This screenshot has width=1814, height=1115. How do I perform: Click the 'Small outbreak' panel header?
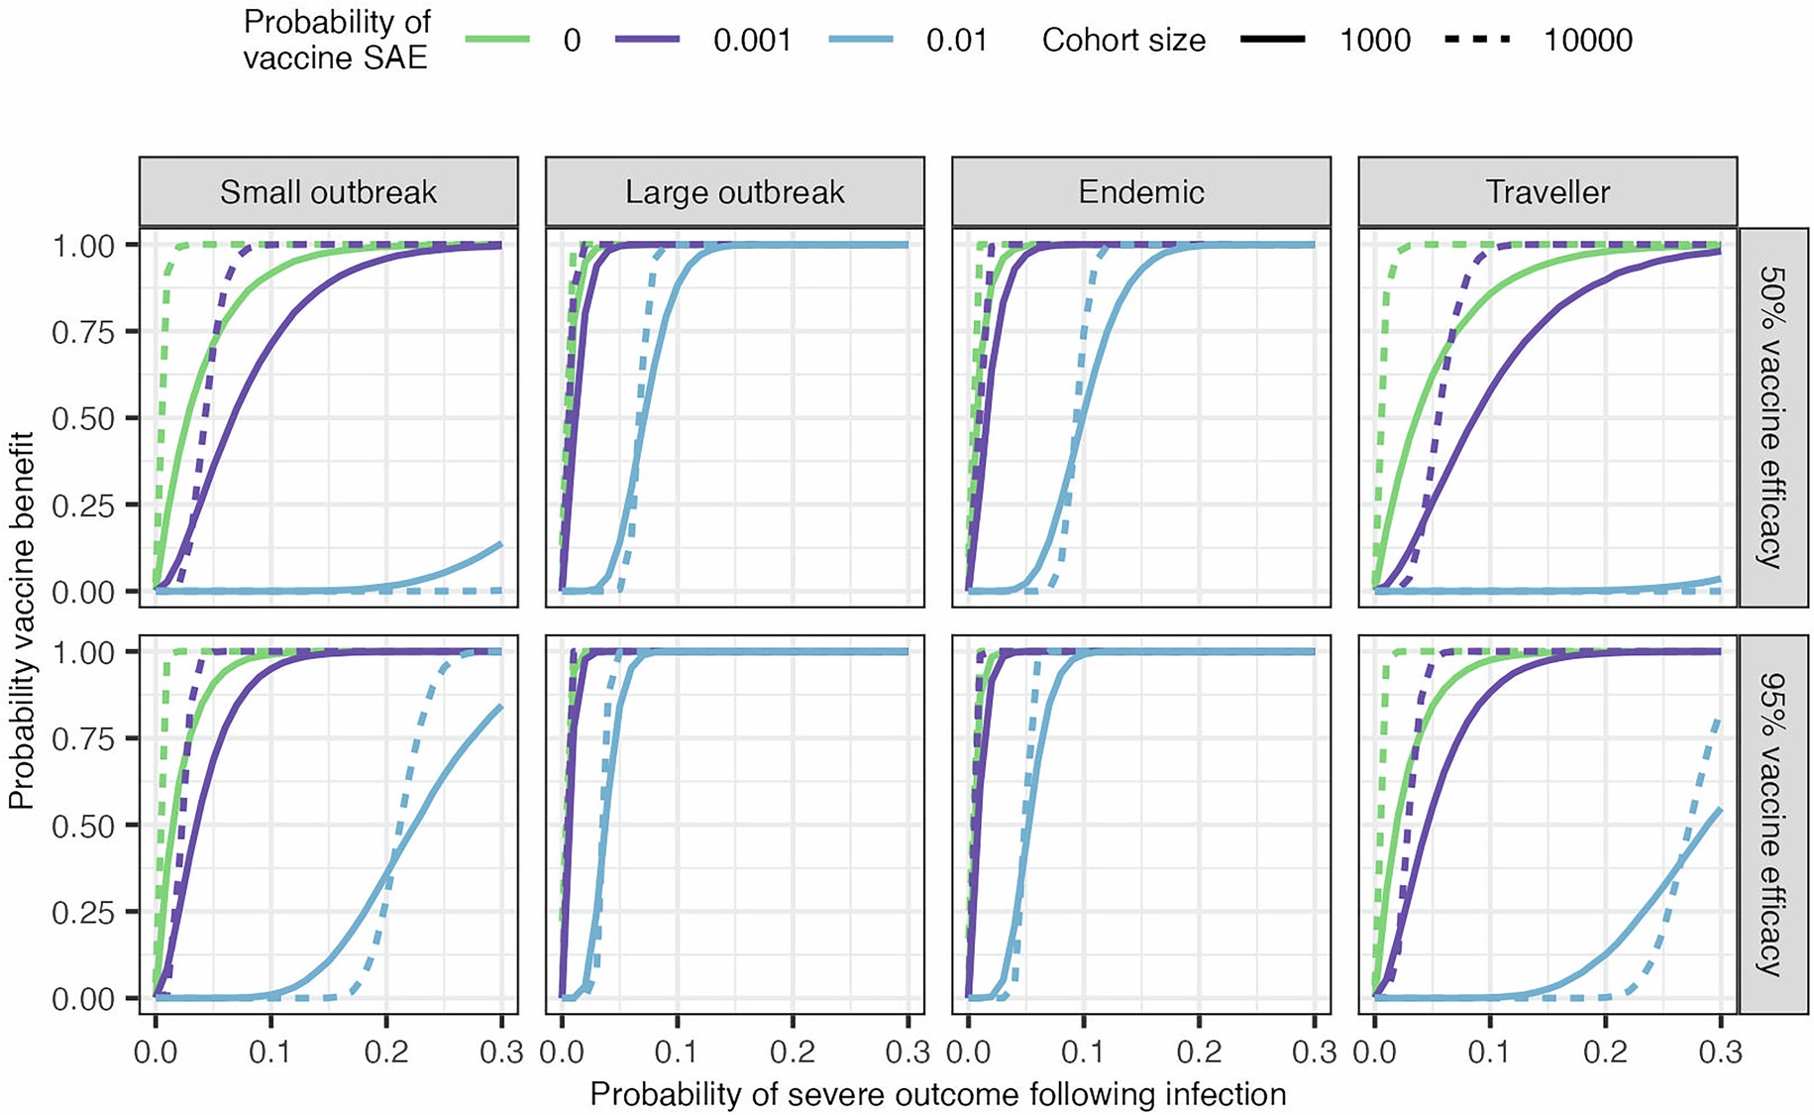click(x=328, y=191)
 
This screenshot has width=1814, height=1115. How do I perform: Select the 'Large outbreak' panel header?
click(x=734, y=191)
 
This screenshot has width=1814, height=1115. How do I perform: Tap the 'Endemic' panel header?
click(x=1140, y=191)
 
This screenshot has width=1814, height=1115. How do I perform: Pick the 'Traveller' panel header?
click(x=1547, y=191)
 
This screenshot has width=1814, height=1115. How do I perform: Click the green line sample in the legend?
click(x=497, y=40)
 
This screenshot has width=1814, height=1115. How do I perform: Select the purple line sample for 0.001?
click(x=648, y=40)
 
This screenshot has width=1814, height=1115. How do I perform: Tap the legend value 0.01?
click(x=956, y=41)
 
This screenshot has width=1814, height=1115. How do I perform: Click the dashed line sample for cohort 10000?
click(x=1477, y=40)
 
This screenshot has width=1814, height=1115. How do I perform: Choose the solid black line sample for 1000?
click(x=1273, y=40)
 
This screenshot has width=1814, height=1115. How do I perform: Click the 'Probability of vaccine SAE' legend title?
click(x=337, y=40)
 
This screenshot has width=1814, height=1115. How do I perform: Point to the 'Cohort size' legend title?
click(x=1123, y=41)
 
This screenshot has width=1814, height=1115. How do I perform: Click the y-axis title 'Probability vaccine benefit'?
click(x=22, y=619)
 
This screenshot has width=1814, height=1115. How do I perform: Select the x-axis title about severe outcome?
click(x=937, y=1094)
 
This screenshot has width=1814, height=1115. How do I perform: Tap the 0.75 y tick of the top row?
click(x=83, y=331)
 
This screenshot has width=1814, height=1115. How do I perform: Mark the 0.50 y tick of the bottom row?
click(x=83, y=825)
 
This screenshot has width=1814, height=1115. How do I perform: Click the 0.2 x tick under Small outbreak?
click(x=385, y=1052)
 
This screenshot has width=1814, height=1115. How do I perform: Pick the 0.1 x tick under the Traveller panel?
click(x=1489, y=1052)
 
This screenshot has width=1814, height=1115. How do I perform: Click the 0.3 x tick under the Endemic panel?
click(x=1314, y=1052)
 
